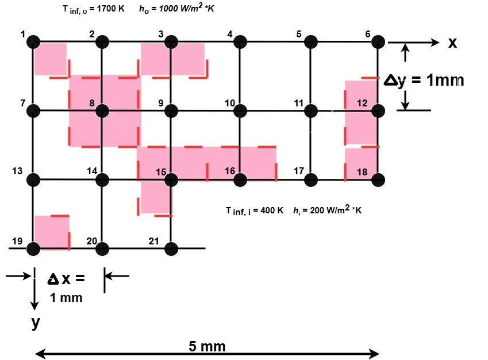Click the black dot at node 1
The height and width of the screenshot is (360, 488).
(x=33, y=41)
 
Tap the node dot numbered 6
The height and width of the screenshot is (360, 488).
(x=378, y=41)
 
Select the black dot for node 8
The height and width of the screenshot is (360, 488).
(x=102, y=110)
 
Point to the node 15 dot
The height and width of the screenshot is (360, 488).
(x=171, y=179)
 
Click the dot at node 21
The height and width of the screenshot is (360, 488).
(x=171, y=248)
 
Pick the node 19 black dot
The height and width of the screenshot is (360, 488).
(x=33, y=248)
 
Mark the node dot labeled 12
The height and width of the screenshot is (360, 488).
(x=378, y=110)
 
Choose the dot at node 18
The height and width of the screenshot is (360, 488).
(x=378, y=179)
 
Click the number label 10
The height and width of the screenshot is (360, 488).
(x=230, y=104)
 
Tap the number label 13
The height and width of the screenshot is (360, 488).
(x=17, y=171)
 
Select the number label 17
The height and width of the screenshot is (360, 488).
(x=298, y=171)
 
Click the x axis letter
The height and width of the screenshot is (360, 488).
(x=452, y=43)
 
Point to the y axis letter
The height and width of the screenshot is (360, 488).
(x=36, y=323)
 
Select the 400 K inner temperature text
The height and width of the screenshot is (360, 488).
(x=270, y=210)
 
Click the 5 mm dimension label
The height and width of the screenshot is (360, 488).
(x=207, y=346)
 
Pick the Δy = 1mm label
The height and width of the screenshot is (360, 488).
(x=424, y=81)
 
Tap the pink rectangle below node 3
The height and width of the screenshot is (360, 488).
(x=172, y=59)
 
